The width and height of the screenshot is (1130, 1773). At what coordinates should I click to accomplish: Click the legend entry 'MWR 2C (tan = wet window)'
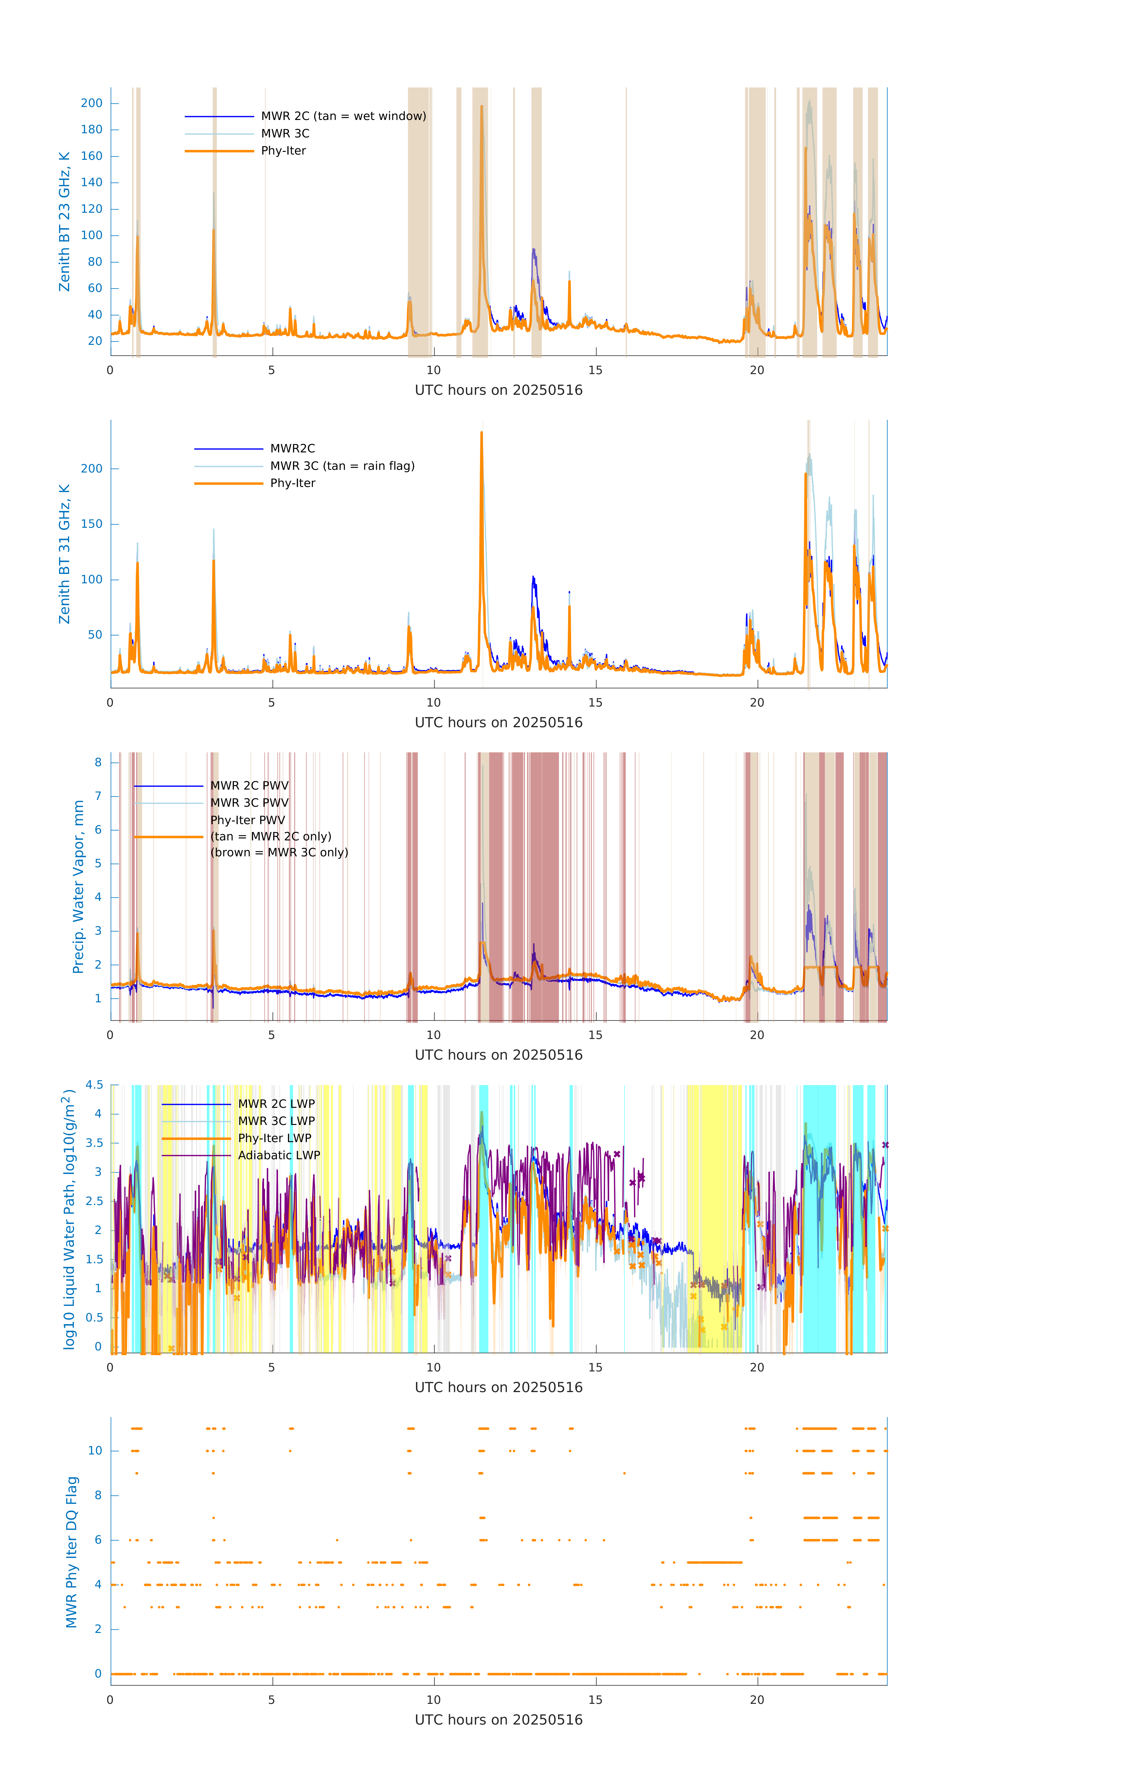[x=343, y=116]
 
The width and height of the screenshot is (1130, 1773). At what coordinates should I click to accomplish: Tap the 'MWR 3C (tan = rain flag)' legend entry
[x=342, y=466]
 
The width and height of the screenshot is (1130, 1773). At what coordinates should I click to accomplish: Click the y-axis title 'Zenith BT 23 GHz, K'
[x=65, y=222]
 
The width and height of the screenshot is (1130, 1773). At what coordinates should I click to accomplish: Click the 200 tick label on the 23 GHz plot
[x=92, y=103]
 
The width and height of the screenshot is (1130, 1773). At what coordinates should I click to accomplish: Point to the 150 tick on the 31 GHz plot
[x=92, y=524]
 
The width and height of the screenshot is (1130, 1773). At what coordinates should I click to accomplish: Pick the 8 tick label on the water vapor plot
[x=98, y=763]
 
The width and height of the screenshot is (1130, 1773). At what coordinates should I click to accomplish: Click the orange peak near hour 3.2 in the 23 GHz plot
[x=214, y=230]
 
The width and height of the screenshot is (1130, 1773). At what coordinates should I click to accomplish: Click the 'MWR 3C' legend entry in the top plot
[x=285, y=133]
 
